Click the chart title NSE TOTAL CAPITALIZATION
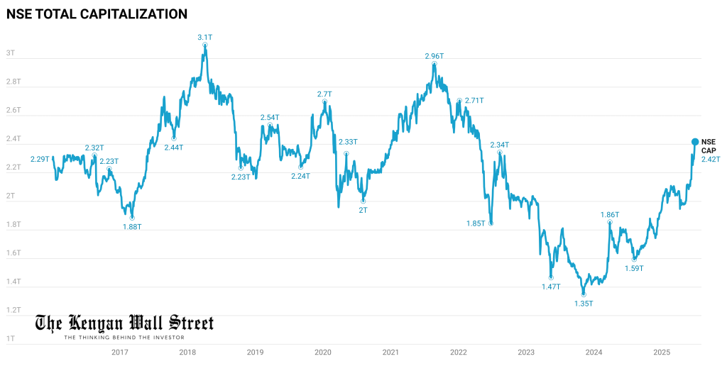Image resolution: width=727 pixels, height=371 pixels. tap(97, 13)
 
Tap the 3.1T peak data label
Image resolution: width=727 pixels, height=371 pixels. tap(204, 36)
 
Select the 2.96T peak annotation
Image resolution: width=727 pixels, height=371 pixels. tap(434, 56)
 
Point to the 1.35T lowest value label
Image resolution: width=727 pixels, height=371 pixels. tap(584, 304)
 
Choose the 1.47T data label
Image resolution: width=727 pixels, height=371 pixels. tap(551, 287)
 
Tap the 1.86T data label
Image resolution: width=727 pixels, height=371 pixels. tap(610, 214)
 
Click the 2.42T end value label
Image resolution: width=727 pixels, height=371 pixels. tap(711, 159)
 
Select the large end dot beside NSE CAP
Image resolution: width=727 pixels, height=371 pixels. tap(695, 142)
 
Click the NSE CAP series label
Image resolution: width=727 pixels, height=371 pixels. tap(710, 146)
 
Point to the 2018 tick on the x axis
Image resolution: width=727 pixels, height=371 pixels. tap(187, 352)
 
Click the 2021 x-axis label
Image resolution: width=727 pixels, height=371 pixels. tap(390, 352)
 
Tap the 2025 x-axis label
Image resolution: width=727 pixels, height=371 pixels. tap(661, 352)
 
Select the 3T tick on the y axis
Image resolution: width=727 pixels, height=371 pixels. tap(11, 53)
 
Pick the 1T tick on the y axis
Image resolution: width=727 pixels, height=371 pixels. tap(11, 338)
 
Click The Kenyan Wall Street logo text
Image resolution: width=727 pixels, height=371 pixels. tap(124, 324)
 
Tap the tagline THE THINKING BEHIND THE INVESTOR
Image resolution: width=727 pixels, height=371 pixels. tap(124, 338)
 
